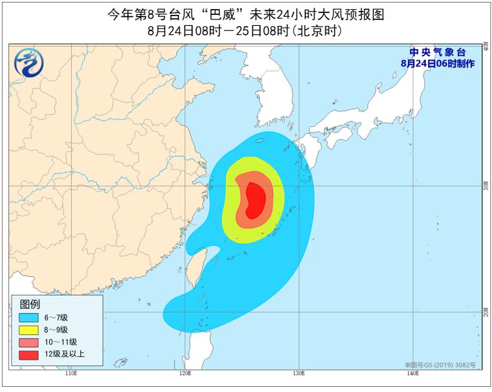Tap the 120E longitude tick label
click(x=185, y=373)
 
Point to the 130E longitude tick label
click(x=298, y=373)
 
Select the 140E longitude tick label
click(x=411, y=373)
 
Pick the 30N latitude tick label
click(x=485, y=186)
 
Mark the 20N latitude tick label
click(x=485, y=312)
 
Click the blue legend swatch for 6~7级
click(x=28, y=318)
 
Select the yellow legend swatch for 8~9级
click(x=28, y=330)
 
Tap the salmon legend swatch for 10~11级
click(x=28, y=342)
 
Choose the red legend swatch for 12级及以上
click(x=28, y=354)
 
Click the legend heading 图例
click(x=30, y=304)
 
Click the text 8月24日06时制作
click(x=437, y=63)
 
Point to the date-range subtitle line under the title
click(x=245, y=30)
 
